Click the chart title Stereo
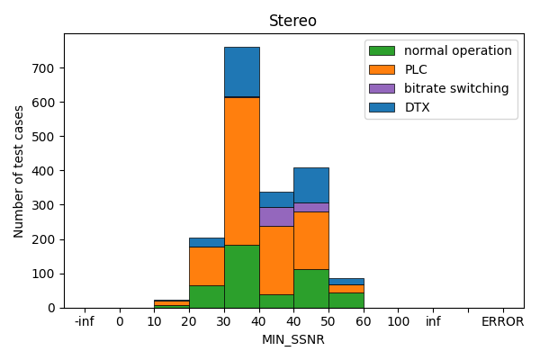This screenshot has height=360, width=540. pos(292,21)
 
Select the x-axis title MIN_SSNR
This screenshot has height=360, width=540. pos(292,339)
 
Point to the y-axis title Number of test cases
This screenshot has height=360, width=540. pos(19,171)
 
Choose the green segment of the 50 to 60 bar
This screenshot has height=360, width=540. pos(346,300)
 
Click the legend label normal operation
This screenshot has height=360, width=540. pos(457,50)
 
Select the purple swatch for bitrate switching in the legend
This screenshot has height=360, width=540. pos(382,88)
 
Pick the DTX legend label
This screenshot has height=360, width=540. pos(418,107)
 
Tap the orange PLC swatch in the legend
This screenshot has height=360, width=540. pos(382,69)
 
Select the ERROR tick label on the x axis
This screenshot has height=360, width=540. pos(502,321)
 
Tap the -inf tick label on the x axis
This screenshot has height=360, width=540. pos(84,321)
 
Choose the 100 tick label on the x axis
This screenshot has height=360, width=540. pos(399,321)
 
